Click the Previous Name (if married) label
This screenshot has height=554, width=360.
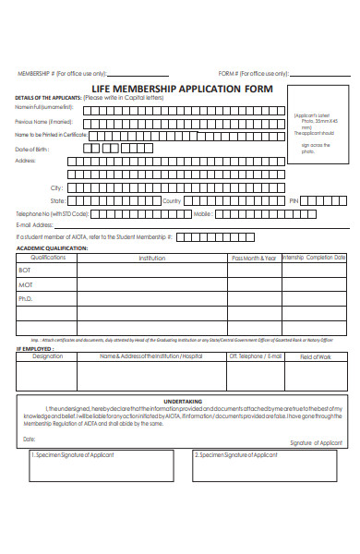pyautogui.click(x=43, y=121)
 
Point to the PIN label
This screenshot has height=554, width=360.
pyautogui.click(x=294, y=200)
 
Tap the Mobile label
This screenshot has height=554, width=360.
pyautogui.click(x=203, y=213)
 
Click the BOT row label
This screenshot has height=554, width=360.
pyautogui.click(x=25, y=271)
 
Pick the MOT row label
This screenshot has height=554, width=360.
pyautogui.click(x=25, y=284)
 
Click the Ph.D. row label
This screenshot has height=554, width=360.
pyautogui.click(x=26, y=299)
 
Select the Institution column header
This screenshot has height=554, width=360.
pyautogui.click(x=152, y=258)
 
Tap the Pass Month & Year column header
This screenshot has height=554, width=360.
pyautogui.click(x=254, y=258)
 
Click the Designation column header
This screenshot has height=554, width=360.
pyautogui.click(x=48, y=355)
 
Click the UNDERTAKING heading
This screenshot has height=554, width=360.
pyautogui.click(x=182, y=402)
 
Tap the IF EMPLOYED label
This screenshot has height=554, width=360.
pyautogui.click(x=31, y=348)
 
